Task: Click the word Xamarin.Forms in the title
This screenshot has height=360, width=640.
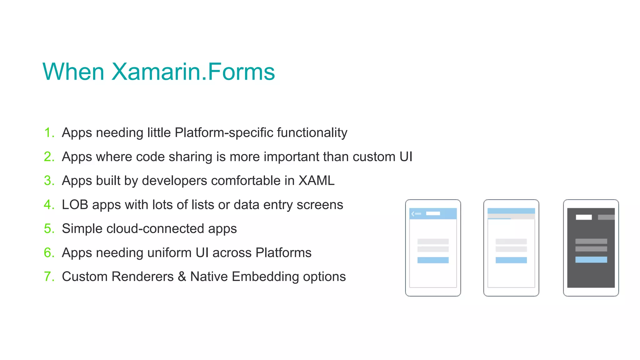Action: tap(193, 72)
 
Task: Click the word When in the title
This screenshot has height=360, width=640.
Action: tap(73, 72)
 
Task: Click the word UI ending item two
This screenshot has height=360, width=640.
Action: tap(406, 157)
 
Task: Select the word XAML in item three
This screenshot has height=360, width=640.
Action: tap(316, 181)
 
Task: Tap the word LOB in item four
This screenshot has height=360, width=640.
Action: tap(75, 205)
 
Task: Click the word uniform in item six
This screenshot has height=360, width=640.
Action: tap(169, 252)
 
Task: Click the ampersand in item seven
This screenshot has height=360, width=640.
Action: tap(182, 277)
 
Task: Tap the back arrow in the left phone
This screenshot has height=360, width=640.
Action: tap(413, 214)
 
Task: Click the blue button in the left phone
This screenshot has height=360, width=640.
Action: tap(433, 260)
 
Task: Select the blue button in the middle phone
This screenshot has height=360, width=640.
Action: tap(511, 260)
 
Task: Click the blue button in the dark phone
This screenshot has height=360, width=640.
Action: tap(591, 260)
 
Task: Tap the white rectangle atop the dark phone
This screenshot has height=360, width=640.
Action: tap(584, 217)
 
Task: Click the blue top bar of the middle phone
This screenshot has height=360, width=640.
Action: tap(511, 211)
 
